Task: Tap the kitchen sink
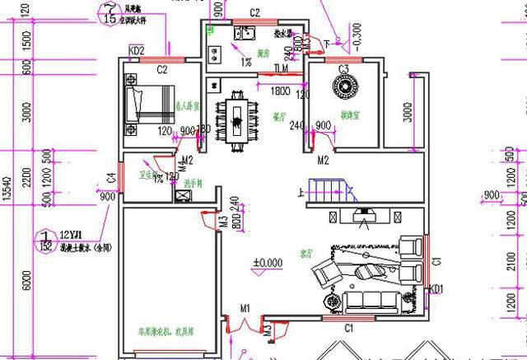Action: (244, 34)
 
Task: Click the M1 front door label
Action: (245, 308)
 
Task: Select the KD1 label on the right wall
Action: (436, 289)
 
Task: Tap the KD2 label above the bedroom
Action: (137, 51)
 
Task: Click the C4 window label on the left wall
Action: (110, 179)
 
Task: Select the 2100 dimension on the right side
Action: (512, 263)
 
